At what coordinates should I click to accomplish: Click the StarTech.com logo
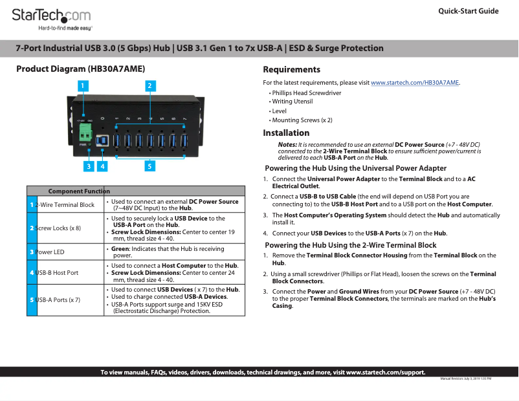(x=51, y=17)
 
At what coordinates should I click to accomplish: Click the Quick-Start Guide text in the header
(x=468, y=11)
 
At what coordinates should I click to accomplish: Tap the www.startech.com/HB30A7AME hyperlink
(x=415, y=83)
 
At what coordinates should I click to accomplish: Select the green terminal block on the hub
(x=85, y=133)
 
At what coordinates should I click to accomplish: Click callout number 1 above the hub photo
(x=83, y=85)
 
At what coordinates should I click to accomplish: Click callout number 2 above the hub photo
(x=149, y=85)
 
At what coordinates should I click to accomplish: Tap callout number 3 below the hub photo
(x=88, y=166)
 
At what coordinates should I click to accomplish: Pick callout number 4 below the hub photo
(x=102, y=166)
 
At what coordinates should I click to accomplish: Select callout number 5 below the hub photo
(x=149, y=166)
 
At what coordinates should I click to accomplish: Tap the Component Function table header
(x=79, y=191)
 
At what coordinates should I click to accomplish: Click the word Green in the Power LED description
(x=120, y=248)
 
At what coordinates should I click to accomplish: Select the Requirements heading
(x=291, y=69)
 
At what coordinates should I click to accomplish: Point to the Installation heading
(x=286, y=133)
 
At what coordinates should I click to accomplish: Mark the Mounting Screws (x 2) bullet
(x=302, y=120)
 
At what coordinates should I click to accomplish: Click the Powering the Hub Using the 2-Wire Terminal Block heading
(x=351, y=245)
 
